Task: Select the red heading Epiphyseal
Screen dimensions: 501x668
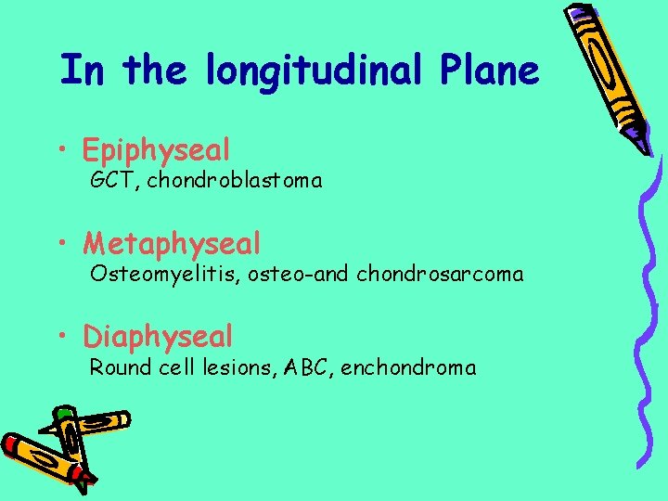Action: [156, 148]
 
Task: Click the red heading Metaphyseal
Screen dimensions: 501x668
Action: [172, 243]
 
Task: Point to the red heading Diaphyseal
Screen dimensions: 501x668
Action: [158, 336]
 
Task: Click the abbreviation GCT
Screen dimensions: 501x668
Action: [110, 181]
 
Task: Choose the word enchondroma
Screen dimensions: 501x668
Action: [408, 367]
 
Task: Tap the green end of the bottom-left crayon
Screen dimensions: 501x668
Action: [63, 412]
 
